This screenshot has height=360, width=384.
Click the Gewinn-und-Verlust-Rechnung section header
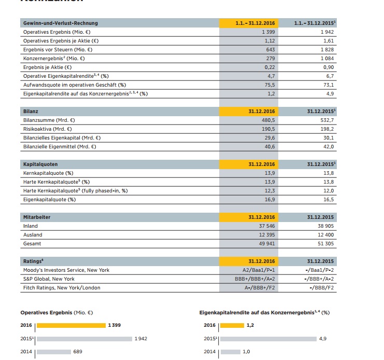point(61,23)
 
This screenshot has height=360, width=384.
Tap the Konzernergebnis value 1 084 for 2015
point(324,59)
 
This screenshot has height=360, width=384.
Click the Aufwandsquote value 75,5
point(269,85)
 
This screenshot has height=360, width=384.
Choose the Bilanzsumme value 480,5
point(268,120)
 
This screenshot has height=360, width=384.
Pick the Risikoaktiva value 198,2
point(327,129)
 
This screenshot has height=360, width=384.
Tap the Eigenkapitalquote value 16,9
point(269,200)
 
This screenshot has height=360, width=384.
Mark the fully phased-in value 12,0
point(328,191)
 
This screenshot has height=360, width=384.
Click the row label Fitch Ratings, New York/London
point(62,288)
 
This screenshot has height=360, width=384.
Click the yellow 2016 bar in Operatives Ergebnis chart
point(71,325)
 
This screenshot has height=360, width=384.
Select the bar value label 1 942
point(141,339)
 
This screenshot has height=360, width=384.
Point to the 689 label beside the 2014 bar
point(78,352)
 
